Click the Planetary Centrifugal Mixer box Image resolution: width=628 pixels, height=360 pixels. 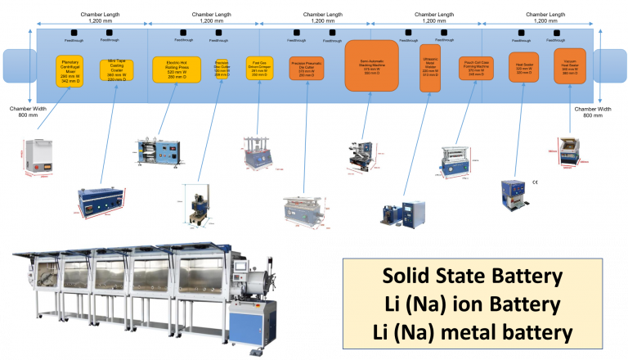(x=71, y=71)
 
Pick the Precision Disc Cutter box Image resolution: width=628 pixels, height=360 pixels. (x=221, y=69)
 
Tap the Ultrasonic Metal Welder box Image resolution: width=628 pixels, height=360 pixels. (x=430, y=68)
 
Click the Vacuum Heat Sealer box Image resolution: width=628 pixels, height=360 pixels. (x=570, y=65)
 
